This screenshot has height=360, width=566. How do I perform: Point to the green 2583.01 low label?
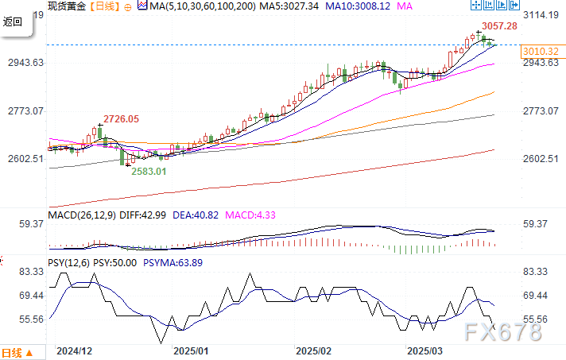(149, 170)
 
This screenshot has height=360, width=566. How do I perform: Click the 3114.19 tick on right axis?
(542, 14)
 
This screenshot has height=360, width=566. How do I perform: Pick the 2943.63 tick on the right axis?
(542, 63)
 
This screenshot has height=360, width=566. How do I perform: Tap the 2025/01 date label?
(191, 350)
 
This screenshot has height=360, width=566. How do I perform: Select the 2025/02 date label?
(313, 350)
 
